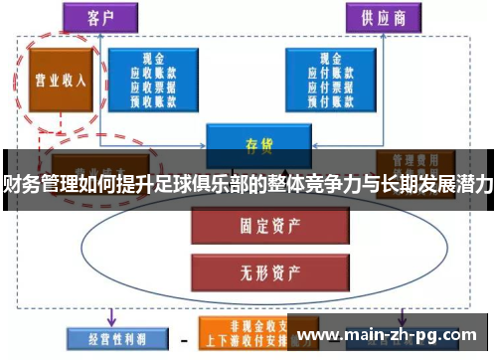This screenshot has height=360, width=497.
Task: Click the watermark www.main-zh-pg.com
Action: coord(394,335)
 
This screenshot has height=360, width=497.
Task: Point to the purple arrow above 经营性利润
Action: coord(109,314)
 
